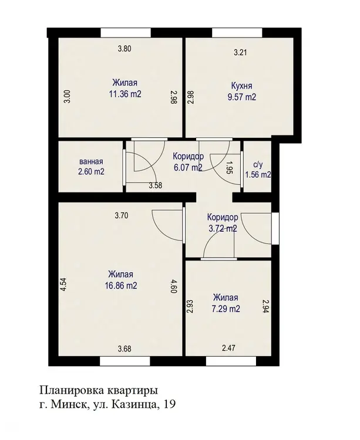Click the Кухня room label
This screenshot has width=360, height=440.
coord(241,85)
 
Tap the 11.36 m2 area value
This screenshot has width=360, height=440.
coord(125,94)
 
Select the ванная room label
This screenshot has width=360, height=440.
coord(91,162)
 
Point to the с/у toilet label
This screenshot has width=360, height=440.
coord(258,165)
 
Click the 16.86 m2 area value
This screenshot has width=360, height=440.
coord(121,286)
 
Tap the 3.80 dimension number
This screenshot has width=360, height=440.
coord(125,49)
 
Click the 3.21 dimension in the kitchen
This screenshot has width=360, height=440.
coord(240,52)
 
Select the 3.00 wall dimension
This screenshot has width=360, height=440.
coord(67,97)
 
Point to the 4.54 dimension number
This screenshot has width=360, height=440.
coord(63,285)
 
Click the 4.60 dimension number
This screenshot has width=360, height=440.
coord(174,286)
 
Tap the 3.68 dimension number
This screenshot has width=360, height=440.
coord(125,349)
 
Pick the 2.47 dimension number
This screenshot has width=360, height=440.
coord(228,348)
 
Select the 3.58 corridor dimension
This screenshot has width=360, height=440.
coord(156,185)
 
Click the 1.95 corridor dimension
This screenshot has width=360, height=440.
coord(230,168)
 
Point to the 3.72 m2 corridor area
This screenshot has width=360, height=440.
coord(223,229)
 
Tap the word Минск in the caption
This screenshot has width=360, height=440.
coord(68,404)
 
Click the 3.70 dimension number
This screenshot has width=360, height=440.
coord(122,216)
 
